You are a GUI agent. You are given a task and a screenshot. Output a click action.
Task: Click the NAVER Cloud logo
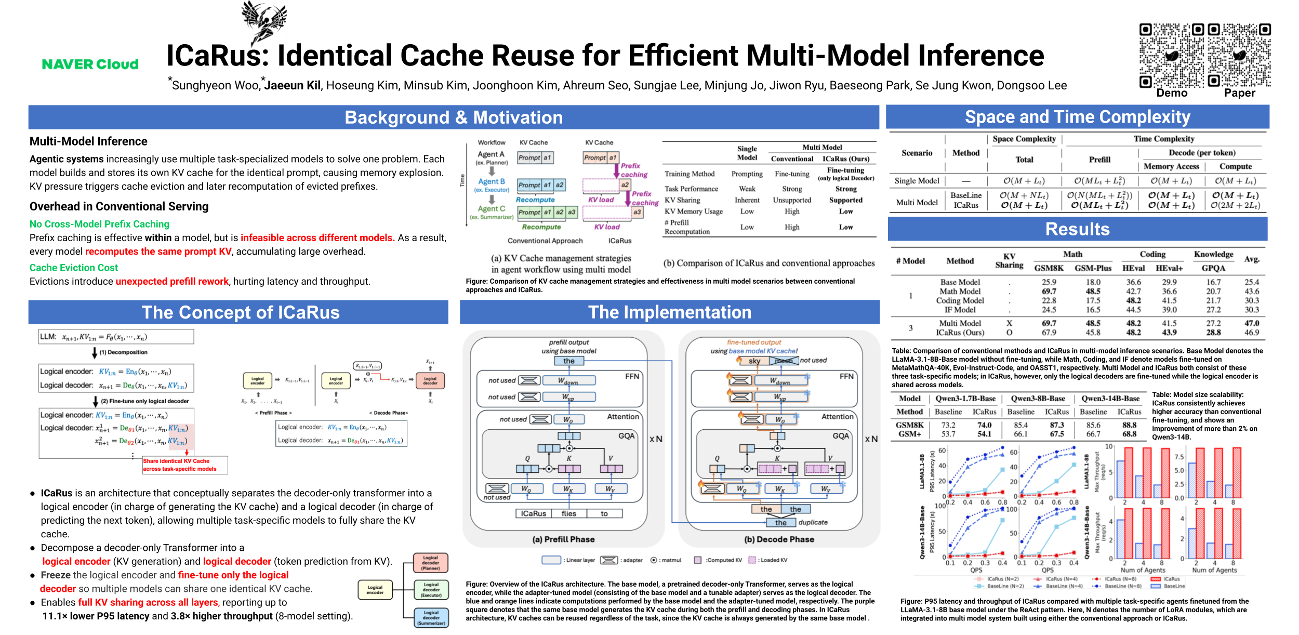point(90,64)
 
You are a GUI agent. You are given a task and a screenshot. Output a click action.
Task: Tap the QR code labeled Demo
point(1171,56)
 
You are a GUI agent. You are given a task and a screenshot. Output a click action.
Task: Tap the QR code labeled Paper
point(1239,56)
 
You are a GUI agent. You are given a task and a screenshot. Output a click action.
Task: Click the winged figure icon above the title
point(264,21)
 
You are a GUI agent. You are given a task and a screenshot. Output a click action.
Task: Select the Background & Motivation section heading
point(453,117)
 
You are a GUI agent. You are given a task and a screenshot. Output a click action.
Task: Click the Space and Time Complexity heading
point(1077,117)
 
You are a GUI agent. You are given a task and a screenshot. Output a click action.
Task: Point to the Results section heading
point(1077,229)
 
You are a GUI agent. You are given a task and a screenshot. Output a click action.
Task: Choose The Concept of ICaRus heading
point(240,312)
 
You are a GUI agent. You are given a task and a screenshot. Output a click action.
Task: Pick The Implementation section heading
point(669,312)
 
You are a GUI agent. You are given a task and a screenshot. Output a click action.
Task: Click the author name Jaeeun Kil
point(293,86)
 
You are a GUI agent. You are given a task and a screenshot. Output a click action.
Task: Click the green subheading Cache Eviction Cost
point(74,268)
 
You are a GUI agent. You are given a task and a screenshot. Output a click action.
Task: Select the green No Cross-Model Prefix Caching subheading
point(99,224)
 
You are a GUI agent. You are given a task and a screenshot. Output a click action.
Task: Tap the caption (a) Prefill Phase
point(563,539)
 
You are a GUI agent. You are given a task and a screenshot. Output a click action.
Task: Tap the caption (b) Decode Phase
point(779,539)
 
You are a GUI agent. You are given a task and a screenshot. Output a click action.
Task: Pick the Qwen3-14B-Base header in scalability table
point(1110,399)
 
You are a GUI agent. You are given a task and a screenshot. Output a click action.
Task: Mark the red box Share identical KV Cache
point(184,465)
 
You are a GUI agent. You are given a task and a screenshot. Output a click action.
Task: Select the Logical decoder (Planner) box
point(430,563)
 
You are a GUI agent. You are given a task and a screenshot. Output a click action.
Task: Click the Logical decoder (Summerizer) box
point(431,618)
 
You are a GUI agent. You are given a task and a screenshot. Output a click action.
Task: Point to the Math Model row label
point(960,292)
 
